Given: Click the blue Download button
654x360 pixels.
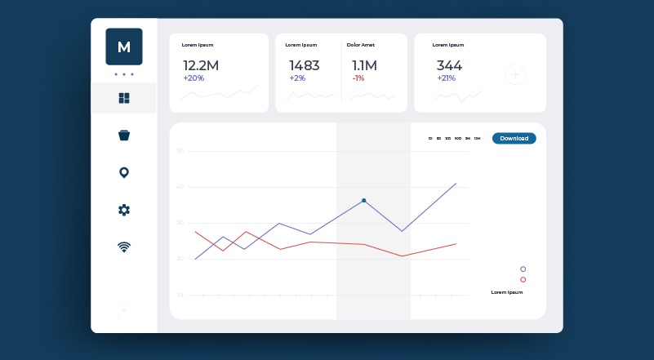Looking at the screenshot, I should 514,139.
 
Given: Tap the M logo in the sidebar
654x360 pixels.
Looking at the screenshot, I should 124,47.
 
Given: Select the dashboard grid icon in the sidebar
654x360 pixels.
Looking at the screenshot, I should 124,98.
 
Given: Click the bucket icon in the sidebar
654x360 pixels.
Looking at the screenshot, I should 124,136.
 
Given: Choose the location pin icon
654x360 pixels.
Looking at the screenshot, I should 124,172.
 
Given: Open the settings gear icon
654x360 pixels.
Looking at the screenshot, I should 124,210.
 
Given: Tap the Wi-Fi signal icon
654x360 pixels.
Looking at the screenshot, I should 124,247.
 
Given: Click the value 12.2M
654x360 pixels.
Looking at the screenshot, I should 201,65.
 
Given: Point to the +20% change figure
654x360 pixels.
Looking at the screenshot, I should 194,78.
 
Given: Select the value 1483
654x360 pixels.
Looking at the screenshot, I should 304,65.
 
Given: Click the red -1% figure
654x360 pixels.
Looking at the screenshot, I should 358,78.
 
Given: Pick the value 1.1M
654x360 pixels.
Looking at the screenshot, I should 364,65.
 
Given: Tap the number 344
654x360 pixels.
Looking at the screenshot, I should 449,65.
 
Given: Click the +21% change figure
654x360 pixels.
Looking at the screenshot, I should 446,78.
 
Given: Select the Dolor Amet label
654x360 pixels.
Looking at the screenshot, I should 360,45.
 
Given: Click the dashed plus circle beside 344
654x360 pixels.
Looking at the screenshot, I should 515,74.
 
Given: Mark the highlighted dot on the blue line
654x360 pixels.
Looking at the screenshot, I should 363,200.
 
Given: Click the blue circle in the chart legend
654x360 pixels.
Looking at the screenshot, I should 523,269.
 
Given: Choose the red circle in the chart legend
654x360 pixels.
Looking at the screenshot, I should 523,279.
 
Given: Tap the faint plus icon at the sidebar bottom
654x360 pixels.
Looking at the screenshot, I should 123,310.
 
